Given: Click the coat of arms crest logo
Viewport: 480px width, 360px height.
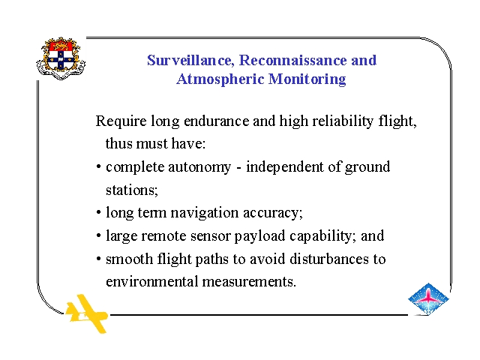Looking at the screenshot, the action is coord(61,58).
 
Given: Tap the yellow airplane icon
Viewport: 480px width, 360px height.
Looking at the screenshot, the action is coord(87,313).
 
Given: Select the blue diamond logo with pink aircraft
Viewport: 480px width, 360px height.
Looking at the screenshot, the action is coord(428,298).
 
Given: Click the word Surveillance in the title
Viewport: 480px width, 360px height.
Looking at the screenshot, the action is coord(190,60).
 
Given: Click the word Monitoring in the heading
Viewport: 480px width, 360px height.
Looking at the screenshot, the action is coord(307,79).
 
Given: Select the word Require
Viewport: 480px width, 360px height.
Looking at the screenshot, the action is coord(121,121).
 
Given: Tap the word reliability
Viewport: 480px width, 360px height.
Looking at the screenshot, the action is coord(343,121).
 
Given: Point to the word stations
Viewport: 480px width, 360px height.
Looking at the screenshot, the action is coord(132,190).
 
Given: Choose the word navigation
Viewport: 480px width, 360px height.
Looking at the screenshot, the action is coord(205,213).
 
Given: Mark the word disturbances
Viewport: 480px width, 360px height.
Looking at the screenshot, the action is coord(329,259).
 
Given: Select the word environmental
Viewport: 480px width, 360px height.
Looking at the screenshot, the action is coord(151,282).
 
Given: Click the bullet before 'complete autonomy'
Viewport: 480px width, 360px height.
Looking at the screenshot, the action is coord(98,167).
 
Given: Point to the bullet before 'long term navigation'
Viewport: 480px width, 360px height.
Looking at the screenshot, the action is coord(98,212).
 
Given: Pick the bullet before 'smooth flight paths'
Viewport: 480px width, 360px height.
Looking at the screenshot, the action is coord(98,259).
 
